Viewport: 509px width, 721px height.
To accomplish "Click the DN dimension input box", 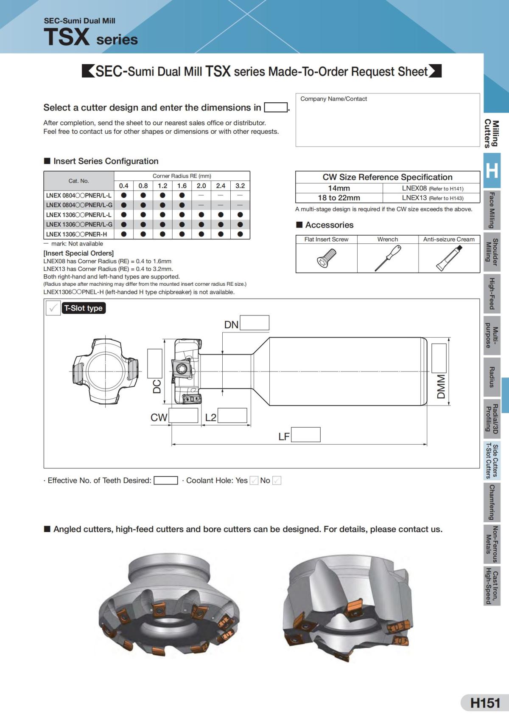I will point(255,323).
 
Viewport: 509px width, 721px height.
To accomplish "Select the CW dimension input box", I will point(184,415).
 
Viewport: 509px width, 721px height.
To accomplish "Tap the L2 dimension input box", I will point(232,415).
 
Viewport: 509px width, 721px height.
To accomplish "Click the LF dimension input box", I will point(305,434).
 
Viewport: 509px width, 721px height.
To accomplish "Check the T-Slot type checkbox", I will point(53,308).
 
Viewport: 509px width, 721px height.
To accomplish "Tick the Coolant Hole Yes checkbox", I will point(254,481).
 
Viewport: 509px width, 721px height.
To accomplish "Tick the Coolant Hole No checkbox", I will point(277,481).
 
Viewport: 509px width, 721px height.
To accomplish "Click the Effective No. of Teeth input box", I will point(165,480).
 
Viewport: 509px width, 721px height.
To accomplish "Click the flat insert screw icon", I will point(326,258).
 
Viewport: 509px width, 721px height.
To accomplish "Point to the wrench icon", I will point(388,258).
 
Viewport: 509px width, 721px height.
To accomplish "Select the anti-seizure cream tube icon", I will point(449,258).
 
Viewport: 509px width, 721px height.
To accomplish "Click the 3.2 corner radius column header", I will point(240,186).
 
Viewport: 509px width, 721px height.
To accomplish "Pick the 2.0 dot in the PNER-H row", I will point(201,234).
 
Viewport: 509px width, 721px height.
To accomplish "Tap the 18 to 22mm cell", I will point(339,198).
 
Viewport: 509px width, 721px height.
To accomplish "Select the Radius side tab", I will point(492,377).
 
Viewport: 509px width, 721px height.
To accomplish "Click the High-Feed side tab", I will point(492,293).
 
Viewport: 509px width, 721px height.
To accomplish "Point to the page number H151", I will point(485,703).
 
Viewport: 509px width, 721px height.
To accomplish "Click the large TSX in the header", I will point(67,37).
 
